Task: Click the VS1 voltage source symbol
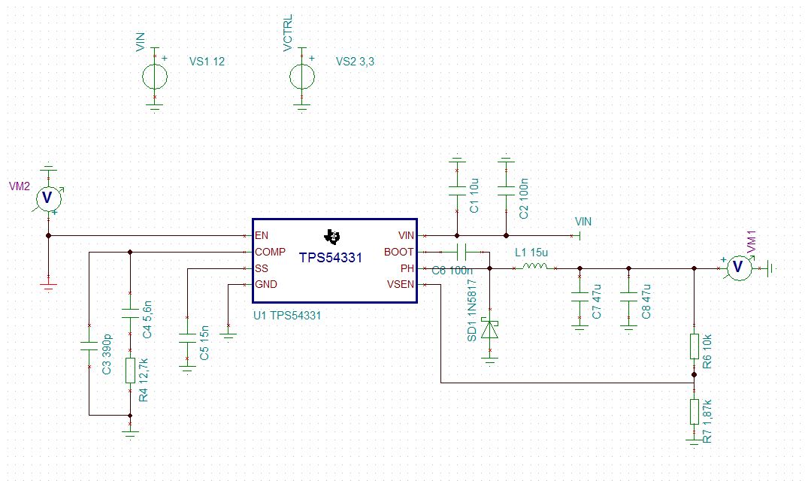tap(155, 76)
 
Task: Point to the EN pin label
tap(262, 235)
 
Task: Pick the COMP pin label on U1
tap(270, 252)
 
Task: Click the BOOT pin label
tap(398, 252)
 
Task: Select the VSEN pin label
tap(400, 284)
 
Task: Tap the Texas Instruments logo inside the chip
tap(330, 237)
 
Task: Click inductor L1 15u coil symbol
tap(534, 268)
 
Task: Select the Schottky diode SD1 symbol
tap(490, 329)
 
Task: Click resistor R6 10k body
tap(695, 346)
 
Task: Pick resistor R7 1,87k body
tap(695, 412)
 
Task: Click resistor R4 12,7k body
tap(130, 371)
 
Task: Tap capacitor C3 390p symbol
tap(89, 346)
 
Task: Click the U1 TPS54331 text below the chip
tap(287, 316)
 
